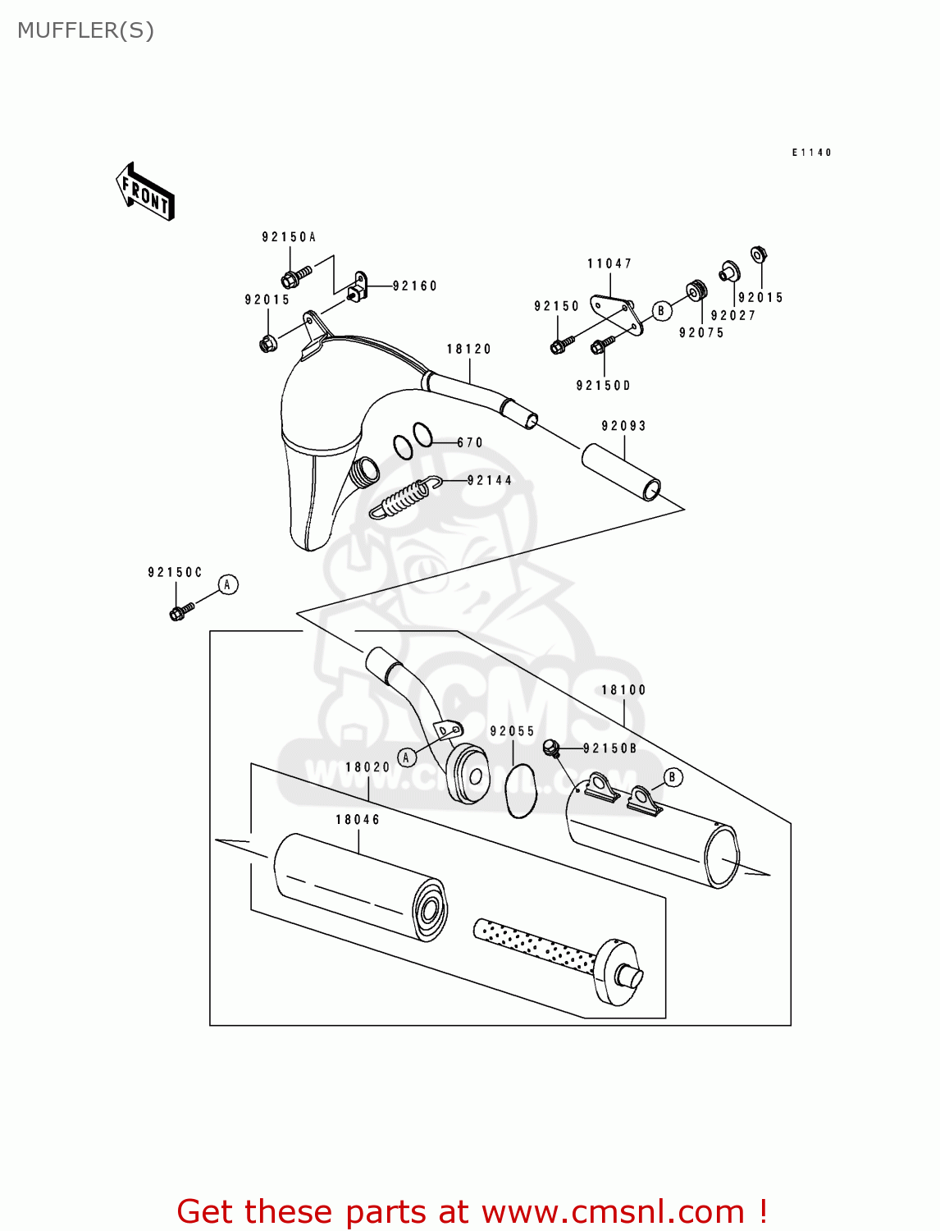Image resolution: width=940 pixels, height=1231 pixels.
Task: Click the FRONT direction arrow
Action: click(x=146, y=192)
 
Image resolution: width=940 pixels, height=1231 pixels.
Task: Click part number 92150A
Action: click(x=289, y=237)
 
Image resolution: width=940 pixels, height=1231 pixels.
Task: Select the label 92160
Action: click(x=415, y=286)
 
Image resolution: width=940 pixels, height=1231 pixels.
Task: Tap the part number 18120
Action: click(x=468, y=349)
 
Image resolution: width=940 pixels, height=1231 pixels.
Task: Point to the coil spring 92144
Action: click(x=401, y=497)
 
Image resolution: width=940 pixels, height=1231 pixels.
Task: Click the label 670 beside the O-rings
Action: click(x=470, y=442)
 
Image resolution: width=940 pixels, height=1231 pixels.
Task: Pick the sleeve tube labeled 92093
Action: click(x=621, y=472)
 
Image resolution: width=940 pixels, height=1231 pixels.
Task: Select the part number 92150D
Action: click(x=603, y=386)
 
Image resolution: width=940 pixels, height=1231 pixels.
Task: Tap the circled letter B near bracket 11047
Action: click(x=662, y=310)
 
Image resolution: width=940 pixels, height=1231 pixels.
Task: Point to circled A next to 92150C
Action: click(x=228, y=584)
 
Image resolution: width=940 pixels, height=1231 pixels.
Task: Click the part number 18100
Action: click(x=623, y=690)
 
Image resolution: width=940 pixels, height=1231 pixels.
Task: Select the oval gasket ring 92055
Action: click(x=520, y=790)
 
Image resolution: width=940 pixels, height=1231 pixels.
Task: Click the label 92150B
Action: click(x=609, y=748)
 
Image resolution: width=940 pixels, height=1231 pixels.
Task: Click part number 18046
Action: click(x=358, y=820)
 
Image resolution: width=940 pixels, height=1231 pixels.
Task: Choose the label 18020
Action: click(x=367, y=767)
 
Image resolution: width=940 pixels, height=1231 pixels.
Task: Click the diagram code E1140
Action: click(x=811, y=153)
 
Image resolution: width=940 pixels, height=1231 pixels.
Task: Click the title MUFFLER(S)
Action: click(x=85, y=30)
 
